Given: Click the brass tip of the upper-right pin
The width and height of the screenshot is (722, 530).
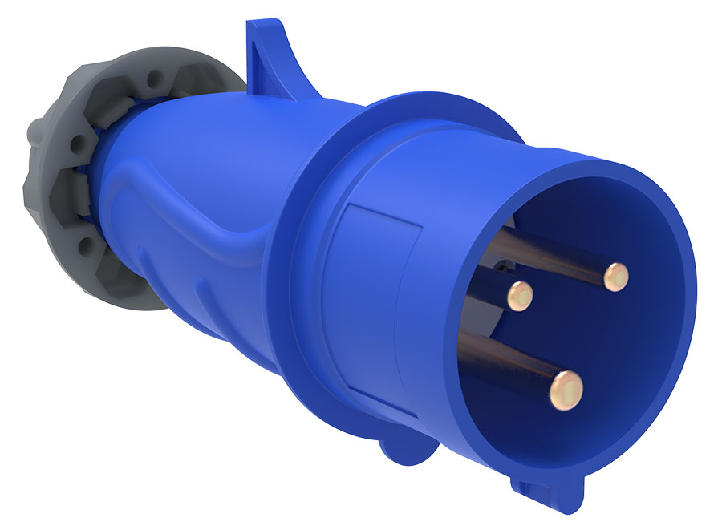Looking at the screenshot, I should tap(616, 277).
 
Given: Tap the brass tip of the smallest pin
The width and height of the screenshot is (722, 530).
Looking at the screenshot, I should tap(519, 295).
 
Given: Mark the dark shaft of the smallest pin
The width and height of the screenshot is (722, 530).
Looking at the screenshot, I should tap(485, 288).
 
